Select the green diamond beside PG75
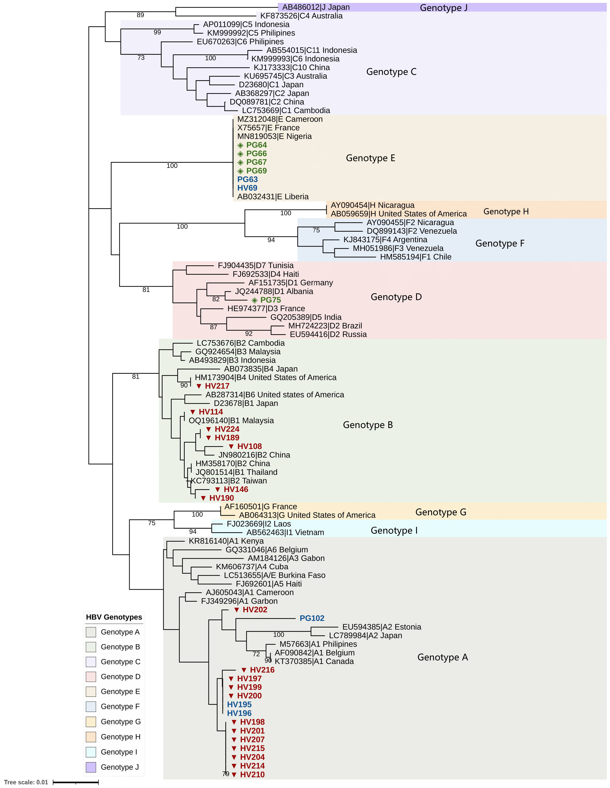(255, 300)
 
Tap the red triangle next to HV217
(199, 386)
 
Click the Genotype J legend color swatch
(91, 767)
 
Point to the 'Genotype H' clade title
(506, 211)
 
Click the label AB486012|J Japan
(316, 7)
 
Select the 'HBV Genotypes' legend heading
(114, 617)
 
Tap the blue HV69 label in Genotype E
(247, 188)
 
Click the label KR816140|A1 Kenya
(226, 541)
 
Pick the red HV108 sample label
(249, 446)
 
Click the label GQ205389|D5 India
(305, 317)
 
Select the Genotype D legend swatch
(91, 677)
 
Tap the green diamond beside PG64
(240, 145)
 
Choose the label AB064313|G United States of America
(307, 515)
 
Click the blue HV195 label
(239, 704)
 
